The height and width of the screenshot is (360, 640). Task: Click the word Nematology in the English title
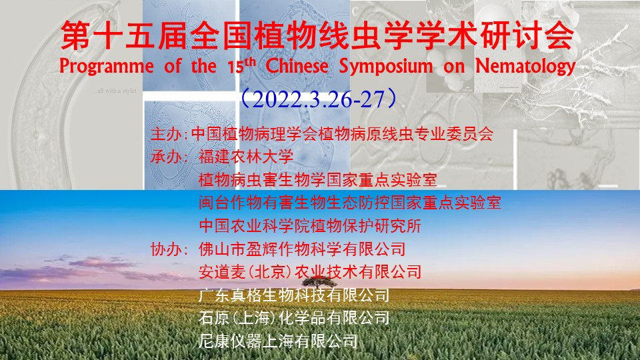pos(525,67)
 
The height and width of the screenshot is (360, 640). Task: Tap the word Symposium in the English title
pos(386,67)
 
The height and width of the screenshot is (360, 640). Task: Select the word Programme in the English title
pos(107,67)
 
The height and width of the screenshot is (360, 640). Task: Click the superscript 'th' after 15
pos(250,61)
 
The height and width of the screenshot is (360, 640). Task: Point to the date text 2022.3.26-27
pos(319,99)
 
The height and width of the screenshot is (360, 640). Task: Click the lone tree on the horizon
pos(319,281)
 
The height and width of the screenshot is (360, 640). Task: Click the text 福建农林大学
pos(246,157)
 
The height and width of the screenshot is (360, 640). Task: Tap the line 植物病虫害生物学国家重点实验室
pos(318,179)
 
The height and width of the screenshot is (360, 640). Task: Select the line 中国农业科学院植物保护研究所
pos(310,226)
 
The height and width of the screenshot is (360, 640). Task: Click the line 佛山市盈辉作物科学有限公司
pos(302,249)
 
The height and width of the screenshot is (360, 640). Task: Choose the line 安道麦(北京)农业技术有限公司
pos(310,272)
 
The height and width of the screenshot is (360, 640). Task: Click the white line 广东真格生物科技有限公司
pos(294,295)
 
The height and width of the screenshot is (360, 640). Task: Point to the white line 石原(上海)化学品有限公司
pos(294,318)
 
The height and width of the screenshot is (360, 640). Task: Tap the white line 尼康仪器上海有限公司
pos(279,341)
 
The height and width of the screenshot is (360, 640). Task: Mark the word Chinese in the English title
pos(297,67)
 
